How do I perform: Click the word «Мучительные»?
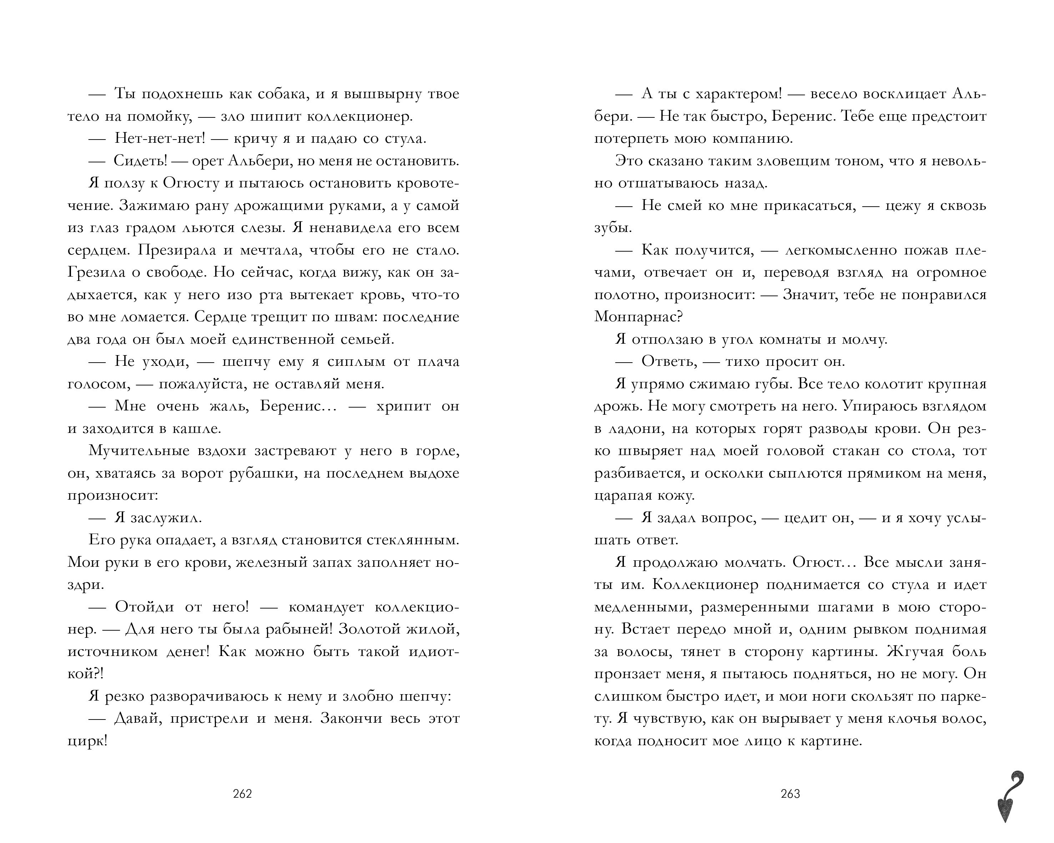(x=139, y=450)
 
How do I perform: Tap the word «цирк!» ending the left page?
(x=87, y=741)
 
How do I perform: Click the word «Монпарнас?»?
(x=638, y=317)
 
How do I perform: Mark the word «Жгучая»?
(x=912, y=651)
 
